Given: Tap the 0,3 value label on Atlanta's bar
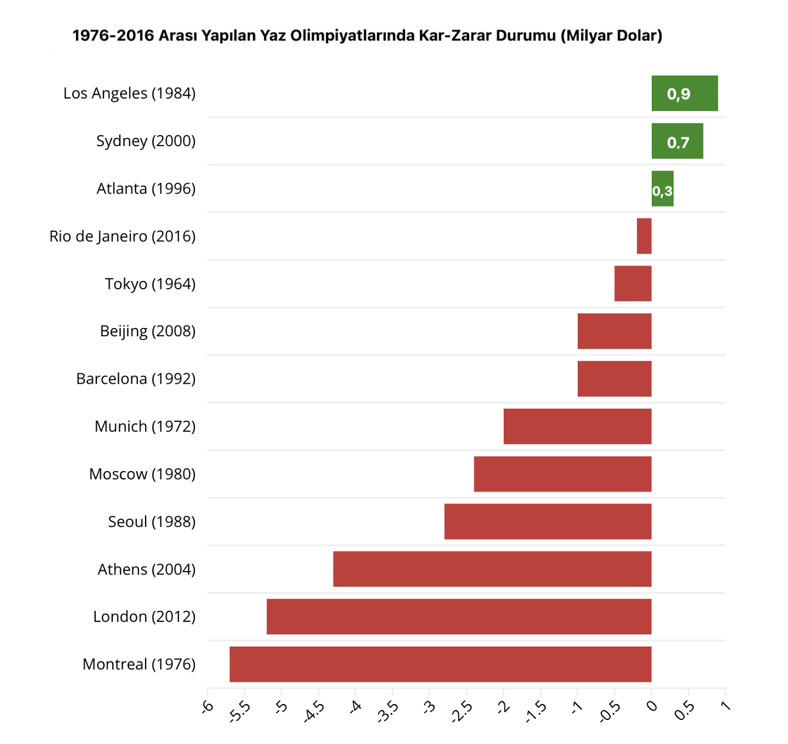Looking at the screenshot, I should (x=662, y=191).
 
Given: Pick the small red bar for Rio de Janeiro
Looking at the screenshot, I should (x=644, y=236).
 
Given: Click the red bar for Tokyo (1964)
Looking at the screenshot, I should (x=633, y=283).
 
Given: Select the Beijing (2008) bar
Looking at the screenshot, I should (x=614, y=331).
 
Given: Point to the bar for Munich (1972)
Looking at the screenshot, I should (x=577, y=426).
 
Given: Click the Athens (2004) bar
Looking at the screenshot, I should (x=492, y=569).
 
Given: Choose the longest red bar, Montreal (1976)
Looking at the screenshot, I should (x=440, y=664).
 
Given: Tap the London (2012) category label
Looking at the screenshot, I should (x=144, y=617).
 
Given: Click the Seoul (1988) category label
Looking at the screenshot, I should (x=151, y=522).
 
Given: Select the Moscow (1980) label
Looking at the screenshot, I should (x=142, y=474).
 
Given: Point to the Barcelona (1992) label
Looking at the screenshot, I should (x=136, y=379).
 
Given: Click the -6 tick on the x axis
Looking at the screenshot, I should (x=208, y=706).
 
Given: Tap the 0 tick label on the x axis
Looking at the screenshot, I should (x=652, y=706).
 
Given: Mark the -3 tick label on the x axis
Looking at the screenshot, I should (x=430, y=706).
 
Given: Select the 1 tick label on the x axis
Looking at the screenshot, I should (x=726, y=706).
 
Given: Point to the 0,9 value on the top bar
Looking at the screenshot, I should (x=679, y=94).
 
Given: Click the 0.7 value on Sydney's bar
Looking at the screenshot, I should (x=678, y=143).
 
